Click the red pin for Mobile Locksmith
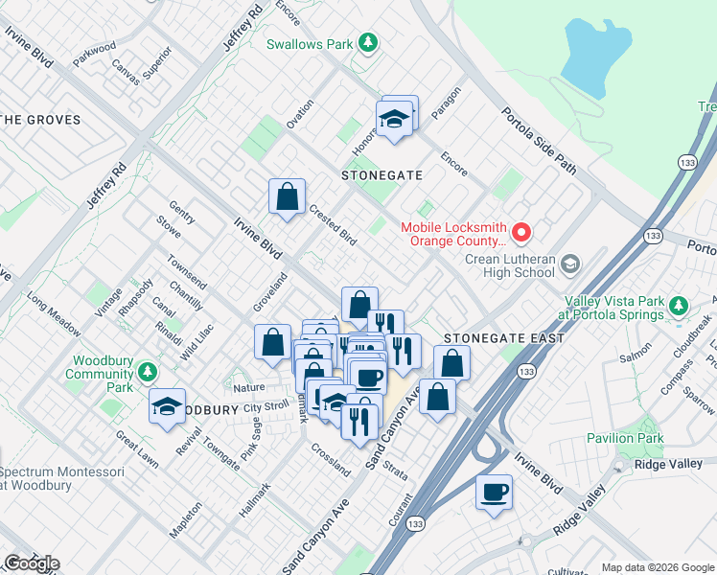[x=521, y=232]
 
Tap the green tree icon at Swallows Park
[x=367, y=43]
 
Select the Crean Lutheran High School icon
[x=570, y=264]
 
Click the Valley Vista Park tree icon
[x=679, y=307]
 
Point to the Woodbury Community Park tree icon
[x=147, y=371]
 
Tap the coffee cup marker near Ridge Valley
[x=494, y=492]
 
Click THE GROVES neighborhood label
[x=38, y=120]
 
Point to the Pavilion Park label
[x=625, y=438]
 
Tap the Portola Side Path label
[x=540, y=140]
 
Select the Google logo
[x=32, y=563]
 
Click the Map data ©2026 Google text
[x=658, y=567]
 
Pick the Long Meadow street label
[x=54, y=315]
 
